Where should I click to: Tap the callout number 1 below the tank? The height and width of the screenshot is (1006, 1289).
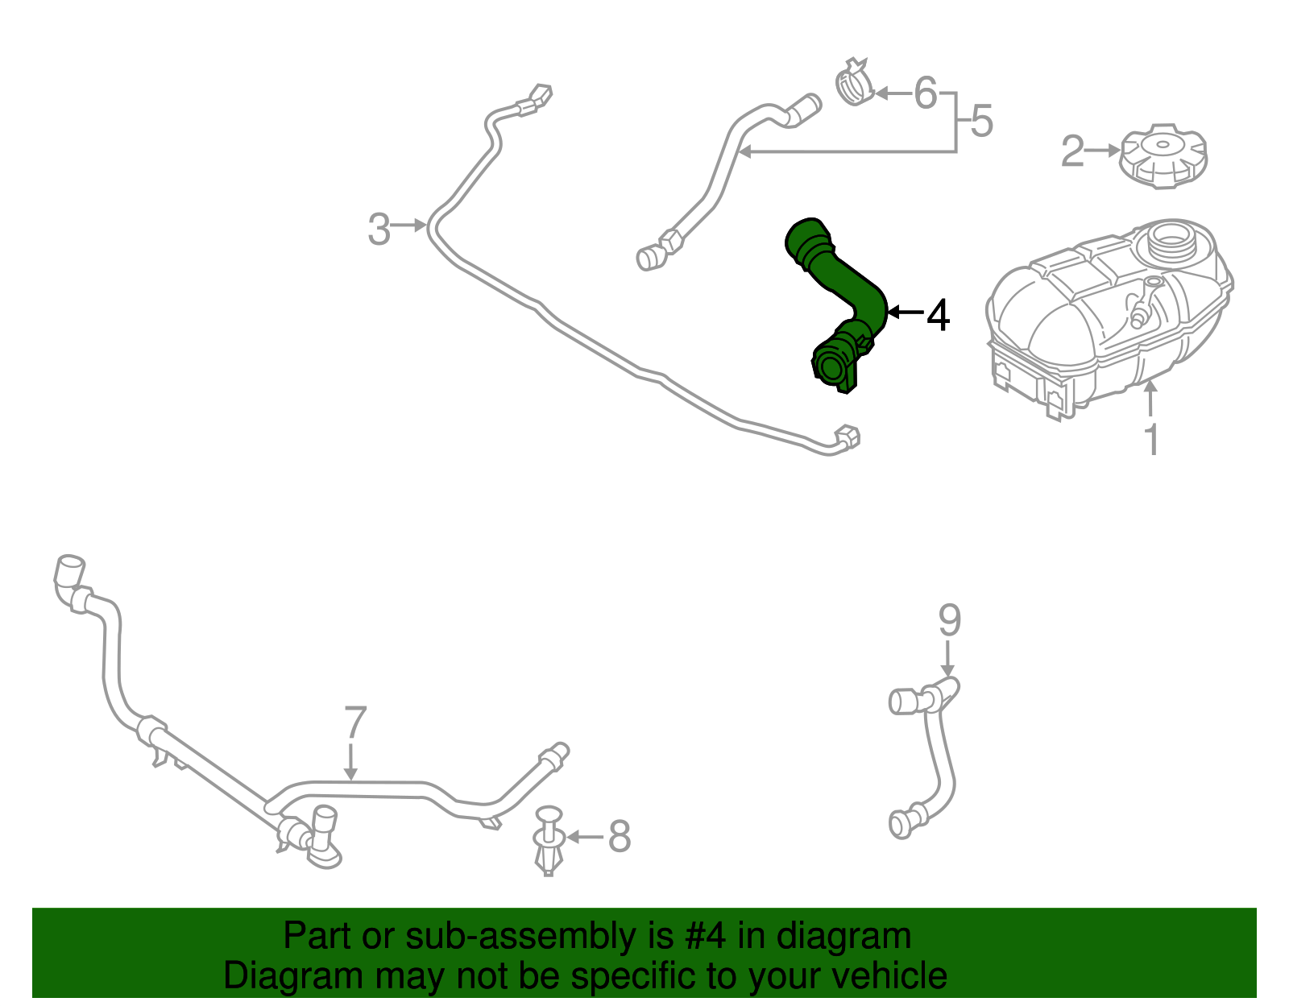(x=1152, y=439)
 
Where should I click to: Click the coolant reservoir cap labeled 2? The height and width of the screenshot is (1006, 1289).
(x=1163, y=157)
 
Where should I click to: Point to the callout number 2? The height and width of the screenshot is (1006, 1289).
(x=1071, y=151)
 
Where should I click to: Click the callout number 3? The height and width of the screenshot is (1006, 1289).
(x=379, y=229)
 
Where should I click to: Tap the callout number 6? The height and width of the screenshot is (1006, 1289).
(x=926, y=93)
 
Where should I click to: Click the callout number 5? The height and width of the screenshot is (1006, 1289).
(x=981, y=122)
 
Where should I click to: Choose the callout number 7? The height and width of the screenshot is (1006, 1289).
(x=355, y=722)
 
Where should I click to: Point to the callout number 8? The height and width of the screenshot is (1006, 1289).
(x=619, y=836)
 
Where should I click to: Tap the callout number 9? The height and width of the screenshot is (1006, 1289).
(x=950, y=620)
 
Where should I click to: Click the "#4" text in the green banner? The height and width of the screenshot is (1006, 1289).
(x=705, y=937)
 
